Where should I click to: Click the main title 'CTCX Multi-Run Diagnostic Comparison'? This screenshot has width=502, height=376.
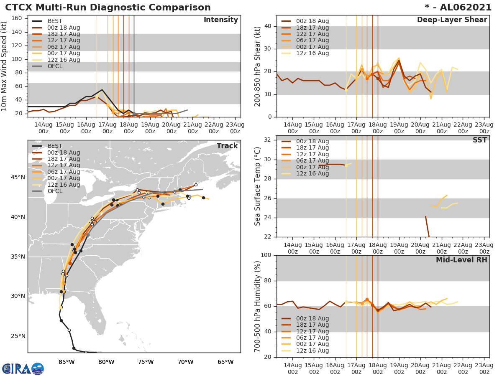click(108, 8)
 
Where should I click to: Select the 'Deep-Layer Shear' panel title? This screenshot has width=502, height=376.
click(452, 20)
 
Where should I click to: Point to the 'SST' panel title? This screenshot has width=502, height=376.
click(479, 140)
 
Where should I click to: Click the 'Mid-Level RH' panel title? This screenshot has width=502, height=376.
click(461, 260)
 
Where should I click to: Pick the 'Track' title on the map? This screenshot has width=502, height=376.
click(227, 146)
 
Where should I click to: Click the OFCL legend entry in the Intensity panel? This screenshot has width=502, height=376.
click(55, 66)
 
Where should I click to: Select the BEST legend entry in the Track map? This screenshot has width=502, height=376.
click(55, 146)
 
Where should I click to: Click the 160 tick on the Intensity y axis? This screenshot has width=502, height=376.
click(16, 18)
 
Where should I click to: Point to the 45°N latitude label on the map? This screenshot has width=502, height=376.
click(18, 178)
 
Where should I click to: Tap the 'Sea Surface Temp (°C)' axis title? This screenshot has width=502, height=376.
click(258, 186)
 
